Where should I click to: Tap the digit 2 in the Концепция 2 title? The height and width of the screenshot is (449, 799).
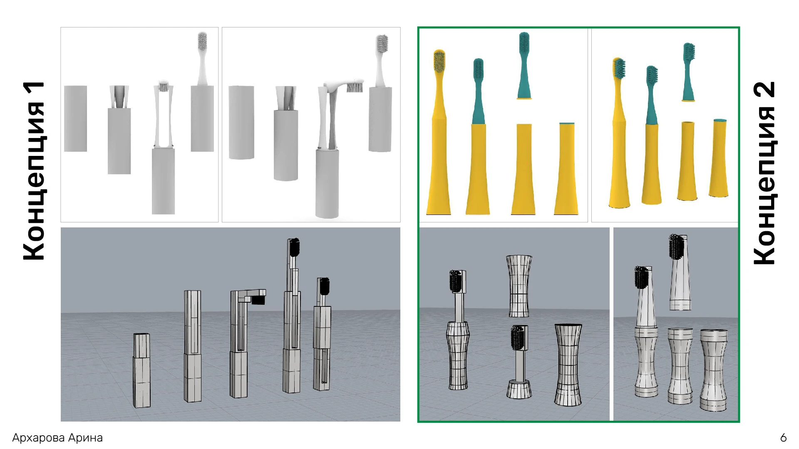pyautogui.click(x=765, y=89)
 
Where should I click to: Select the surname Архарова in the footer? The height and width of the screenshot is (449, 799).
pyautogui.click(x=39, y=438)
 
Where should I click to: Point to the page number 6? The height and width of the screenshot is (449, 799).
pyautogui.click(x=784, y=438)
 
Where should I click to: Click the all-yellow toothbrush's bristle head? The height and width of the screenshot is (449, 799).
pyautogui.click(x=439, y=62)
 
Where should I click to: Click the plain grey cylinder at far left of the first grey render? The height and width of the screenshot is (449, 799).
pyautogui.click(x=76, y=118)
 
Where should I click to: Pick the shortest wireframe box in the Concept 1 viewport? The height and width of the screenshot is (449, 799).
pyautogui.click(x=141, y=370)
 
